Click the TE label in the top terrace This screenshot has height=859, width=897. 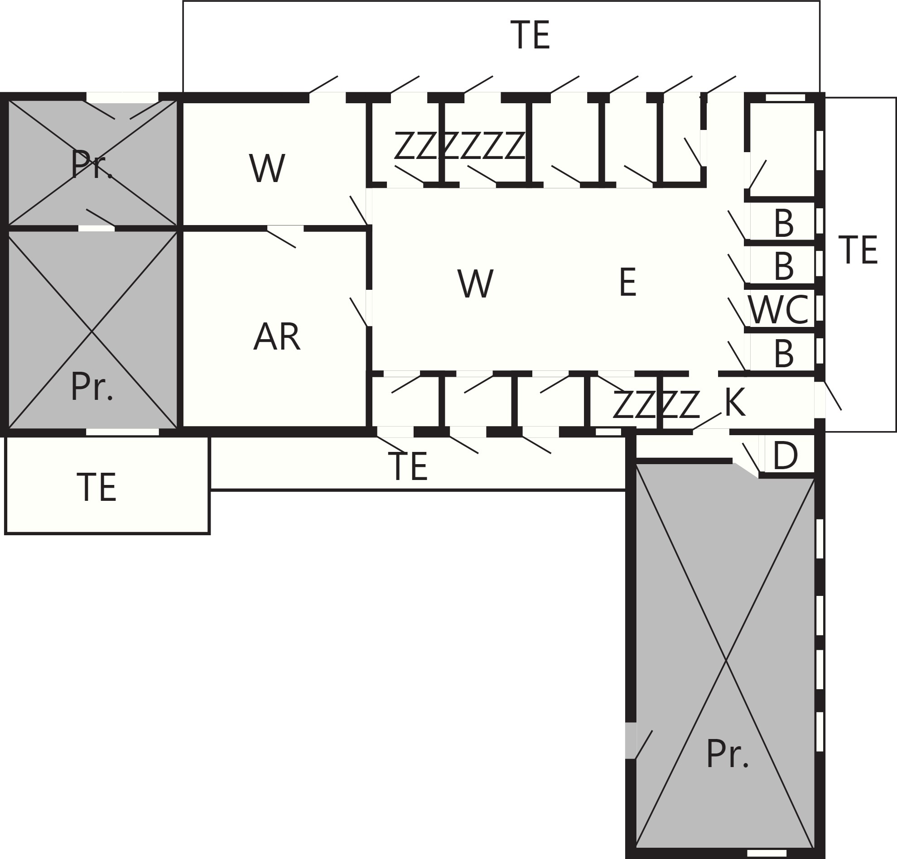click(x=530, y=35)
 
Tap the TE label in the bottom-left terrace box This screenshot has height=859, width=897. click(x=96, y=488)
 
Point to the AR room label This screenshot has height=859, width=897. click(x=276, y=337)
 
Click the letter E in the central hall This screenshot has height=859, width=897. click(x=627, y=282)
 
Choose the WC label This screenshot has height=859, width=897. click(x=778, y=310)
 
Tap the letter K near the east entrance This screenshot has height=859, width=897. click(x=735, y=403)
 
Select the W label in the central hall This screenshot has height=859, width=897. click(x=475, y=284)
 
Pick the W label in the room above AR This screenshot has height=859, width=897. click(x=267, y=168)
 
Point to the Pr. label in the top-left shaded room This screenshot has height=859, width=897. click(x=92, y=164)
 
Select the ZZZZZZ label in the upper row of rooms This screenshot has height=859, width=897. click(x=459, y=145)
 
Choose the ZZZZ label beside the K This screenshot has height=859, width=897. click(x=656, y=404)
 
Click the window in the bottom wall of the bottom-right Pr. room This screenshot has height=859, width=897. click(x=767, y=853)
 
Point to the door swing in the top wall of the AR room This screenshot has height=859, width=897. click(x=282, y=236)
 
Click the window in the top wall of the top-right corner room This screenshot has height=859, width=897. click(x=786, y=97)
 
